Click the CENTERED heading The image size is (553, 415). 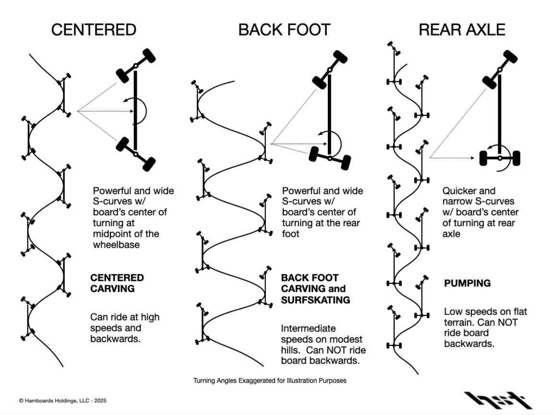tap(94, 30)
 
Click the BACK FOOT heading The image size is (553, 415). tap(284, 30)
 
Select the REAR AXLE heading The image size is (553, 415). tap(462, 30)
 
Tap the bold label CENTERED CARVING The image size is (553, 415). tap(117, 283)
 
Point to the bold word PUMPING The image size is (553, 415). tap(468, 283)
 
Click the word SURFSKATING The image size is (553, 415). tap(315, 300)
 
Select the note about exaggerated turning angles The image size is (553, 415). tap(270, 380)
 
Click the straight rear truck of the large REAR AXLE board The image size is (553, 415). tap(500, 158)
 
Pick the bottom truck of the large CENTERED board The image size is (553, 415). tap(136, 154)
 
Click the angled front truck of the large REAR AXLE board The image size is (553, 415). tap(500, 70)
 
